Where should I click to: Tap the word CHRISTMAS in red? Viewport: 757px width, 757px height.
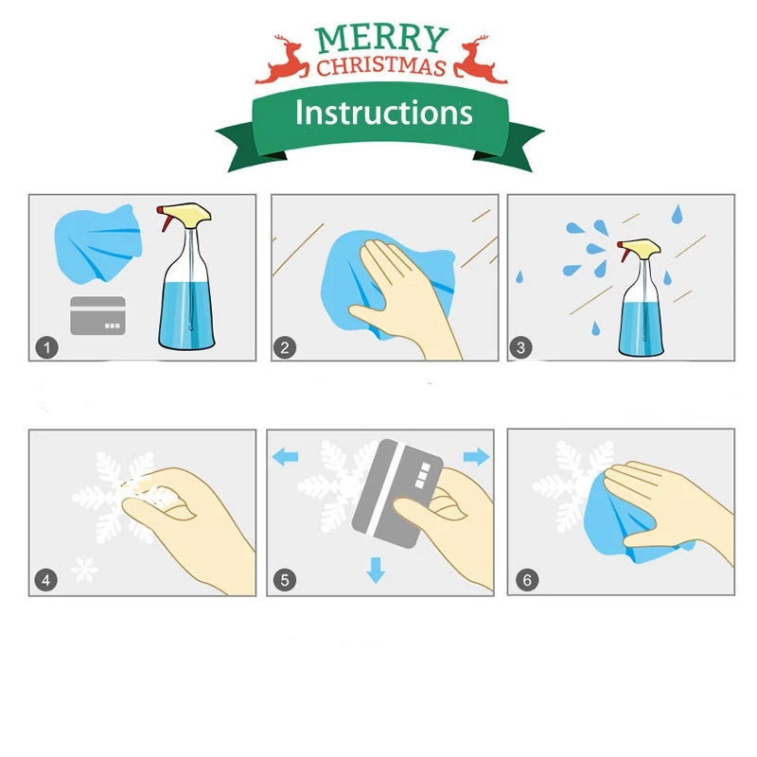(x=381, y=66)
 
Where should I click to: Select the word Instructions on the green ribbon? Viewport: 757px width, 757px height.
(x=384, y=113)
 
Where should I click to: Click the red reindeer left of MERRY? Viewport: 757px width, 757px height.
(x=282, y=60)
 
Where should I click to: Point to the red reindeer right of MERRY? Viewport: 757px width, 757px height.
(x=481, y=60)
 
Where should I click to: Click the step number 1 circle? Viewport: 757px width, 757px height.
(x=46, y=347)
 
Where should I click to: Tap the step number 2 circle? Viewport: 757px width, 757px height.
(x=285, y=347)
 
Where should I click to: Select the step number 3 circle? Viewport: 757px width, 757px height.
(x=521, y=347)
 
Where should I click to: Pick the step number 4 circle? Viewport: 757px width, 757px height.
(x=45, y=580)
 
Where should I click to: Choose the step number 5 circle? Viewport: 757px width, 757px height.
(x=285, y=580)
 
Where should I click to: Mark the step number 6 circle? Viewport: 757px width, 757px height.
(x=527, y=579)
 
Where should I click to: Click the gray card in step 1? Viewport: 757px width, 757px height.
(x=98, y=316)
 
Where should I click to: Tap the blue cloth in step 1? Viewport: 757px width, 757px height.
(x=98, y=243)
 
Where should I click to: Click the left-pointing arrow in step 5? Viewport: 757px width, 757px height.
(x=285, y=457)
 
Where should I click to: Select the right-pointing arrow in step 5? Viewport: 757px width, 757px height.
(x=477, y=456)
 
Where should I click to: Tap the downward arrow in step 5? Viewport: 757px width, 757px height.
(x=376, y=571)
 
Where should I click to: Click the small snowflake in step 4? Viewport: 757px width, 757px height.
(x=85, y=570)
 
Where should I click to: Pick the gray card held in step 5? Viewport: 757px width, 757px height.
(x=397, y=493)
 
